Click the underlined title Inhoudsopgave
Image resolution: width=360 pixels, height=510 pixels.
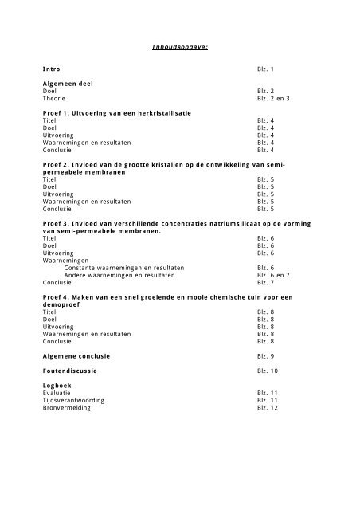click(179, 47)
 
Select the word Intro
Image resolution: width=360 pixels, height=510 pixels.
click(52, 70)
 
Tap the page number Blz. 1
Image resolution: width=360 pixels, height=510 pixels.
click(265, 70)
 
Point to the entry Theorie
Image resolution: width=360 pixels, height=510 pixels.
click(55, 99)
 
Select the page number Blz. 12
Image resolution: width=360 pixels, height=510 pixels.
click(268, 407)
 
